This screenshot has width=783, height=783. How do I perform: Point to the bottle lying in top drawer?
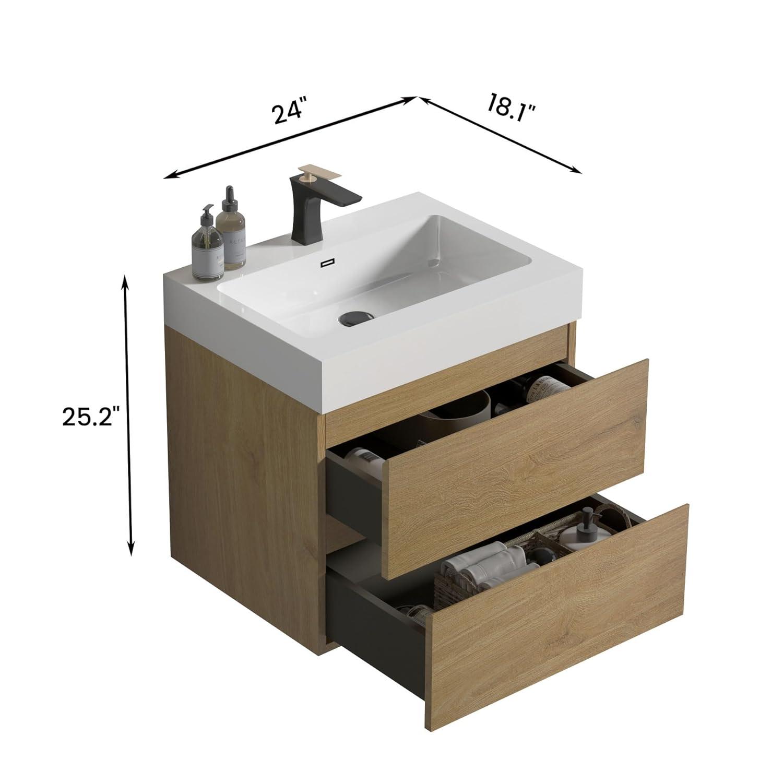click(545, 389)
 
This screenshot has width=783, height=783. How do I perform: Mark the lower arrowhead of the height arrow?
click(132, 551)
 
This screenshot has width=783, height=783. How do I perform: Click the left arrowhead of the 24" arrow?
click(168, 176)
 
